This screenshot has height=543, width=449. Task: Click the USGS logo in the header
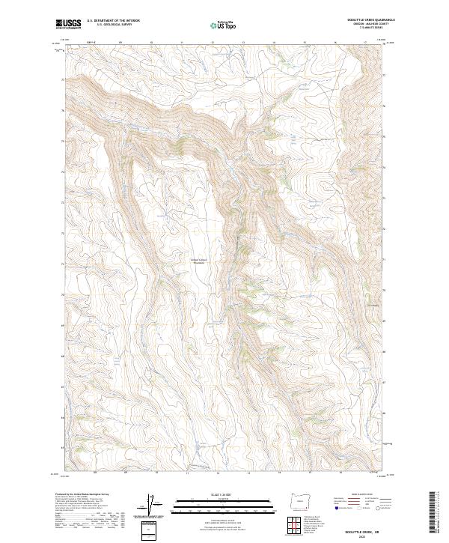click(x=68, y=24)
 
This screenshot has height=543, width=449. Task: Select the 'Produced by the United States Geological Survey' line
click(x=82, y=495)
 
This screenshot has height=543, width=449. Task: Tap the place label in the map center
click(x=198, y=261)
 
